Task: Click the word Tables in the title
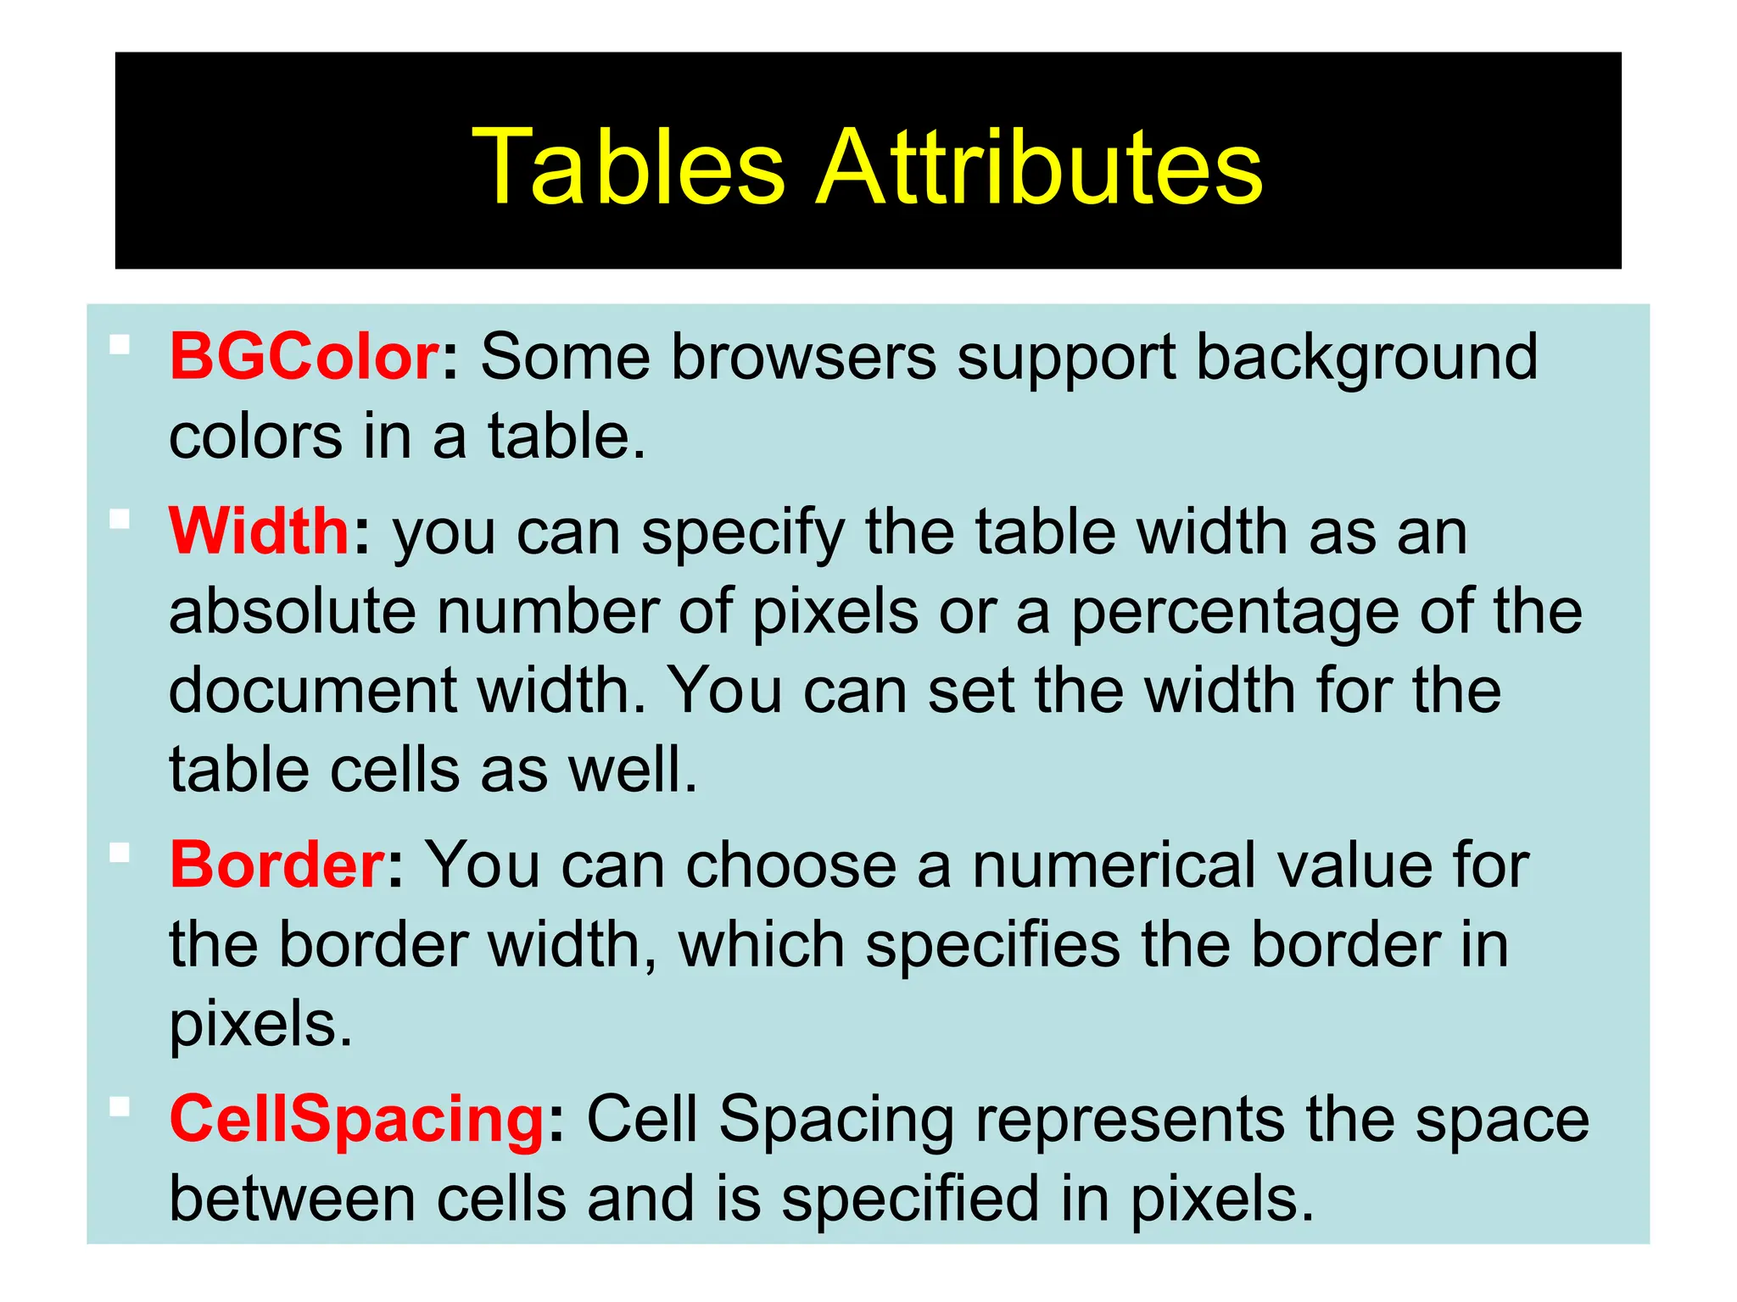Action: [628, 166]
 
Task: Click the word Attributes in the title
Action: [1039, 166]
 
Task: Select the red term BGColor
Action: [304, 357]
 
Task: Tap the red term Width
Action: [260, 531]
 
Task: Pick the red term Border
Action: [278, 865]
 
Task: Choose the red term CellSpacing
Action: [357, 1120]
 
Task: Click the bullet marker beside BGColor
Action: [120, 344]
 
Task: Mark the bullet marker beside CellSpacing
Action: [120, 1107]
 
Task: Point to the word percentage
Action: [1235, 611]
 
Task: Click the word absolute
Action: [293, 611]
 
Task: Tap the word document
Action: [313, 691]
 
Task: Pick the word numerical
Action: [1114, 865]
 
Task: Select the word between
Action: [293, 1199]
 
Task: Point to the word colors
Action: [255, 437]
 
